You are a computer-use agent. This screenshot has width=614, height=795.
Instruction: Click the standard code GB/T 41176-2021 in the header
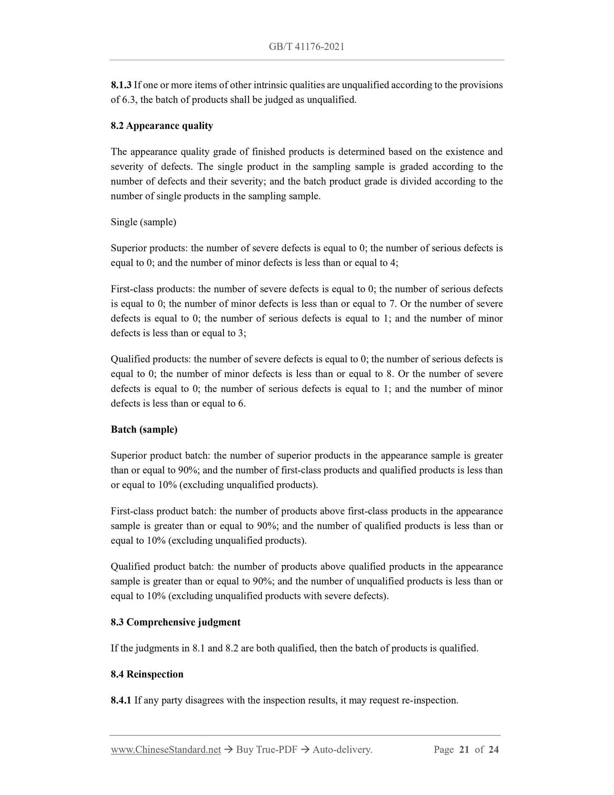tap(306, 47)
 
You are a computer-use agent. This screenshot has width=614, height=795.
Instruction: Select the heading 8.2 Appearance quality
tap(161, 126)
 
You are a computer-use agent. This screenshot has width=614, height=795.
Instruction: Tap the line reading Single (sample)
tap(143, 222)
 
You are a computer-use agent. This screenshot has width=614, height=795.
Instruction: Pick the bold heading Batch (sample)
tap(144, 429)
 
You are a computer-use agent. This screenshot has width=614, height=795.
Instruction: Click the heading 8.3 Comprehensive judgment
tap(175, 622)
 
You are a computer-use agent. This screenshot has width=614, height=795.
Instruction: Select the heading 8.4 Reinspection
tap(147, 674)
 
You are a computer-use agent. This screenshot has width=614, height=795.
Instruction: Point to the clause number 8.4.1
tap(121, 700)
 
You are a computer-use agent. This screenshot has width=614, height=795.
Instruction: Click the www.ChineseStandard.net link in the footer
tap(166, 750)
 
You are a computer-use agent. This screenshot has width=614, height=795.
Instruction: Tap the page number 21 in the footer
tap(464, 750)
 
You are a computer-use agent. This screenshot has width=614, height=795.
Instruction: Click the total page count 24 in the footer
tap(493, 750)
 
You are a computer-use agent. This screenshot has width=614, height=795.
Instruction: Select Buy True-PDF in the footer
tap(266, 750)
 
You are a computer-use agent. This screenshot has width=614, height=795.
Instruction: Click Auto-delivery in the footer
tap(342, 750)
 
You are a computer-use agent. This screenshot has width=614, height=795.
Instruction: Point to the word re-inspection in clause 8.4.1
tap(429, 700)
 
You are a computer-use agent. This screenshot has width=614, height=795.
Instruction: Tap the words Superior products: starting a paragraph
tap(149, 248)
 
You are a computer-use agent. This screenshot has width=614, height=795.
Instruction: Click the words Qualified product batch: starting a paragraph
tap(162, 567)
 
